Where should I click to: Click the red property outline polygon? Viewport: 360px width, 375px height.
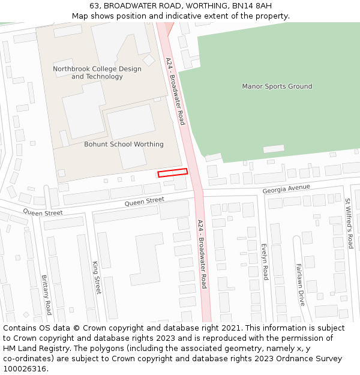(172, 173)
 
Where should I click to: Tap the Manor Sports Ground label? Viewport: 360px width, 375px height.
(277, 86)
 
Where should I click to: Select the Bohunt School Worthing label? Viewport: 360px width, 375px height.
(124, 145)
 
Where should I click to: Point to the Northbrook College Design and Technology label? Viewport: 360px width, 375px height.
(97, 73)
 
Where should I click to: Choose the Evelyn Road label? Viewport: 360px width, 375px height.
(265, 262)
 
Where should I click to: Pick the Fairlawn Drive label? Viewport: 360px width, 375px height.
(300, 284)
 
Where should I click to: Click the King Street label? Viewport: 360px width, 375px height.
(97, 277)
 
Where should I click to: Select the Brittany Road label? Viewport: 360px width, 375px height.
(46, 295)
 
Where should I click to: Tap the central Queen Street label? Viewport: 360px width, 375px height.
(144, 202)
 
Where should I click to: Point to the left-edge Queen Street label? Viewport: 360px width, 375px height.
(43, 212)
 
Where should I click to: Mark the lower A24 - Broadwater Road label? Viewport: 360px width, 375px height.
(202, 254)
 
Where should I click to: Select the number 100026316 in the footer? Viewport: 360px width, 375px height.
(23, 368)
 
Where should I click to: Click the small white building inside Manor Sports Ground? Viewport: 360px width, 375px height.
(274, 149)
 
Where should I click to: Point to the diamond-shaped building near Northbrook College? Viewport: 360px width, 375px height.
(148, 60)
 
